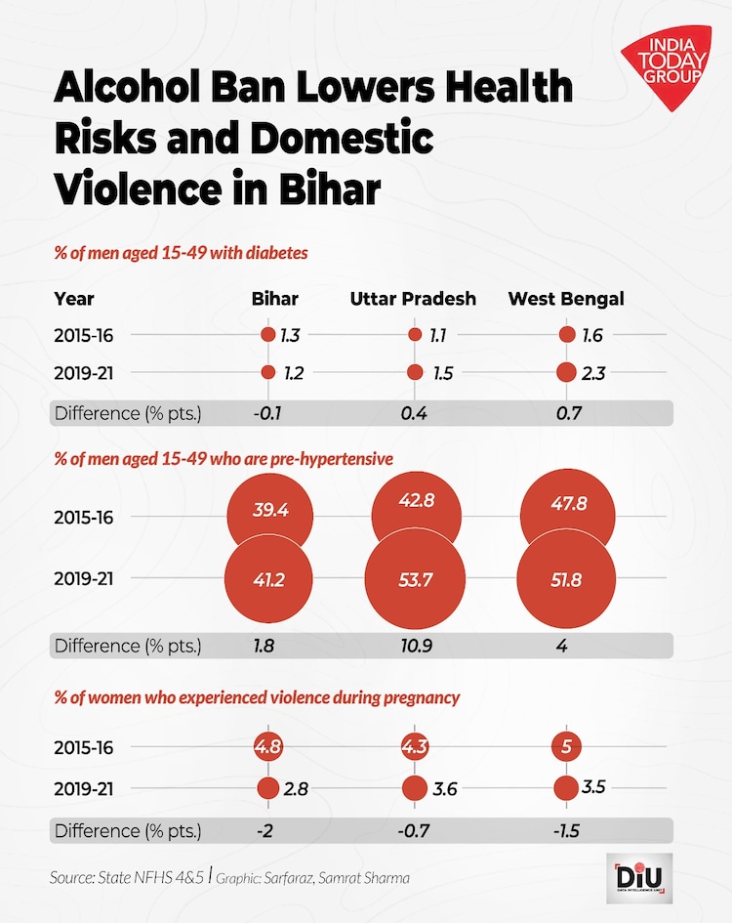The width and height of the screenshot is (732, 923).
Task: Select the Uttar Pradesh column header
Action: click(413, 298)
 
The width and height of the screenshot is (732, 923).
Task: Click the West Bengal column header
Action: click(566, 298)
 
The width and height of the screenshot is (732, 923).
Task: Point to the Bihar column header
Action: click(274, 298)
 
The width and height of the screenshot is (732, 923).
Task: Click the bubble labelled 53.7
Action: click(414, 579)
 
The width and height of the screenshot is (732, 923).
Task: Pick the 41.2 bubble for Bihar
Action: click(268, 579)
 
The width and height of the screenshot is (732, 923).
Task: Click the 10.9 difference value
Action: click(415, 646)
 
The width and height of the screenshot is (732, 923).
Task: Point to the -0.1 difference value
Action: click(267, 413)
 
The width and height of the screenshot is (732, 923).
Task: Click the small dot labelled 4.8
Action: click(267, 747)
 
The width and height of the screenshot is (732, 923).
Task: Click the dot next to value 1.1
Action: click(415, 335)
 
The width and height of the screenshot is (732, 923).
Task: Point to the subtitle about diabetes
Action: click(181, 253)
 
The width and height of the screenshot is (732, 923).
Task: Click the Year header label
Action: click(74, 298)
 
